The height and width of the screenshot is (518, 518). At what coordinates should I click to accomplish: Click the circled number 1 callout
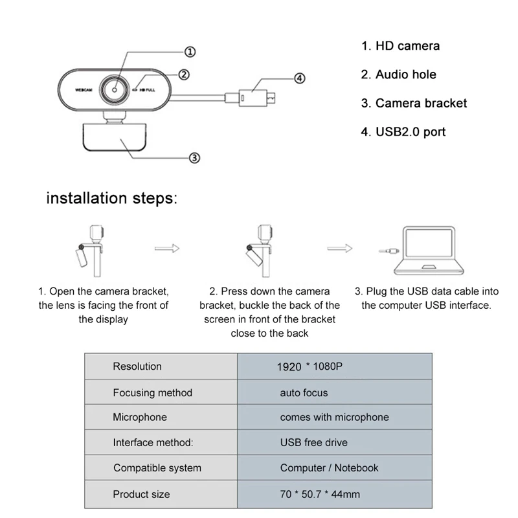[x=190, y=52]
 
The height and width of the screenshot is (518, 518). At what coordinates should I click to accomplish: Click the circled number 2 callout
[x=184, y=74]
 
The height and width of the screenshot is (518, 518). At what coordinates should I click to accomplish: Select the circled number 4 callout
[x=298, y=78]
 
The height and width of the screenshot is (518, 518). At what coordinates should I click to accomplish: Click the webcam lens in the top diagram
[x=118, y=90]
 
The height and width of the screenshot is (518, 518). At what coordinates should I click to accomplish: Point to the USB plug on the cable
[x=256, y=97]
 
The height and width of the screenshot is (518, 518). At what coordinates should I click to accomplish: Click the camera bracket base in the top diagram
[x=114, y=137]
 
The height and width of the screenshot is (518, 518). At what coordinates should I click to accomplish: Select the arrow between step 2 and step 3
[x=339, y=248]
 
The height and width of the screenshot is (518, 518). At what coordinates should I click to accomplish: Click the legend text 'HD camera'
[x=400, y=46]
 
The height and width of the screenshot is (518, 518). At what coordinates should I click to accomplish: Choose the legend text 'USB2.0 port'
[x=403, y=132]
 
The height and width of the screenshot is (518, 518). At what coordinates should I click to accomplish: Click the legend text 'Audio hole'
[x=398, y=74]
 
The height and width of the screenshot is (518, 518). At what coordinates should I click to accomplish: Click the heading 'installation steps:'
[x=111, y=198]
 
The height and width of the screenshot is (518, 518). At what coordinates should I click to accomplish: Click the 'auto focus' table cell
[x=304, y=392]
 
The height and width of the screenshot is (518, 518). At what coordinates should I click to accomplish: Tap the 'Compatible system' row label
[x=157, y=467]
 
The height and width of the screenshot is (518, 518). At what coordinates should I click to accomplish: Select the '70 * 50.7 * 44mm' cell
[x=319, y=494]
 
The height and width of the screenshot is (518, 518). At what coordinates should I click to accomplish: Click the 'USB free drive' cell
[x=313, y=442]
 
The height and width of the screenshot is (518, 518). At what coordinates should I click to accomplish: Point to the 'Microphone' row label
[x=140, y=417]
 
